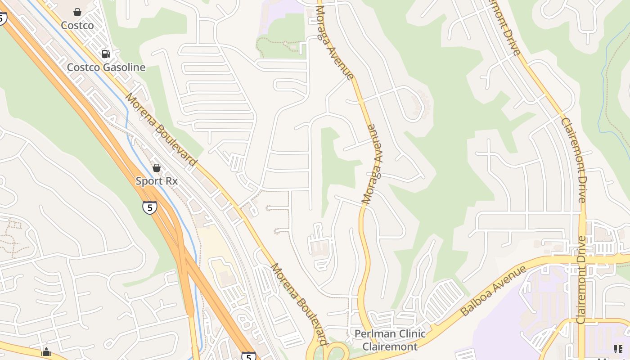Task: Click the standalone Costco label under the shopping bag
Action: (x=77, y=25)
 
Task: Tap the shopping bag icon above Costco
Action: (x=77, y=12)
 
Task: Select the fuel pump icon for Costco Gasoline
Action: (x=106, y=54)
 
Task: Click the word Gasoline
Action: (x=124, y=67)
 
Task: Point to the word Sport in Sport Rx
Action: (x=149, y=181)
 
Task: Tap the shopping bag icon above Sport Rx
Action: (x=156, y=168)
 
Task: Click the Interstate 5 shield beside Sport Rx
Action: (x=149, y=207)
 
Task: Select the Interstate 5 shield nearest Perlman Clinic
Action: (x=248, y=355)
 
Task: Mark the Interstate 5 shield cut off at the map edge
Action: (x=2, y=18)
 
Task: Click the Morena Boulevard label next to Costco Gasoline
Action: (x=161, y=129)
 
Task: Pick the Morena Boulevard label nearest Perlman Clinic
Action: (x=298, y=304)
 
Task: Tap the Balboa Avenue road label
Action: (x=493, y=291)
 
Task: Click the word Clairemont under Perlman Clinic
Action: (x=390, y=346)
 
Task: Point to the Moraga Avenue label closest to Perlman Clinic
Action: (x=373, y=164)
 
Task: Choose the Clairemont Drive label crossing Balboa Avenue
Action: (x=581, y=279)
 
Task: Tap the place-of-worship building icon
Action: (x=46, y=352)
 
